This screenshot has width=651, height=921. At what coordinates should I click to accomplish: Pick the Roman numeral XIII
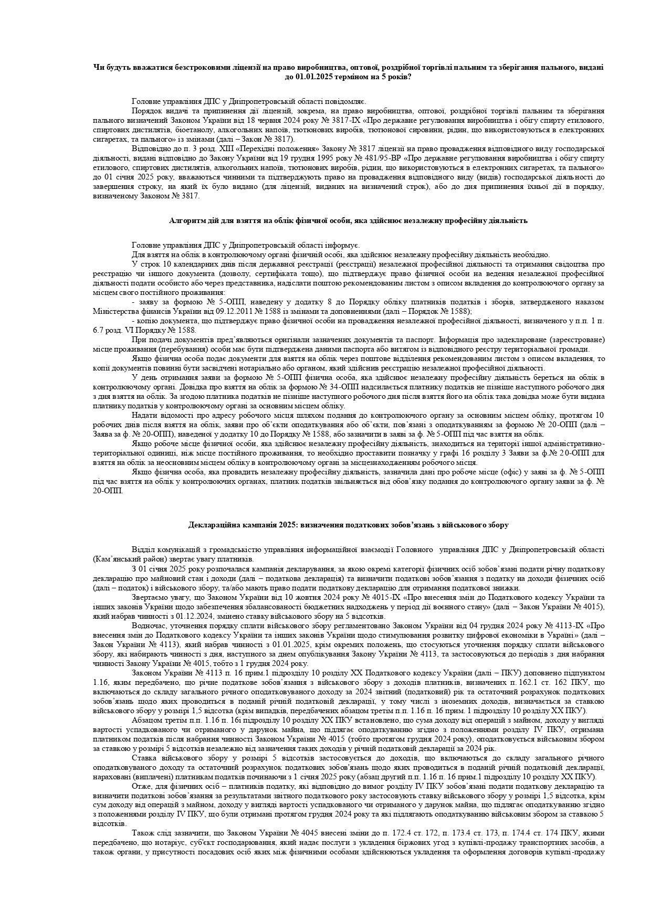coord(195,149)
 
